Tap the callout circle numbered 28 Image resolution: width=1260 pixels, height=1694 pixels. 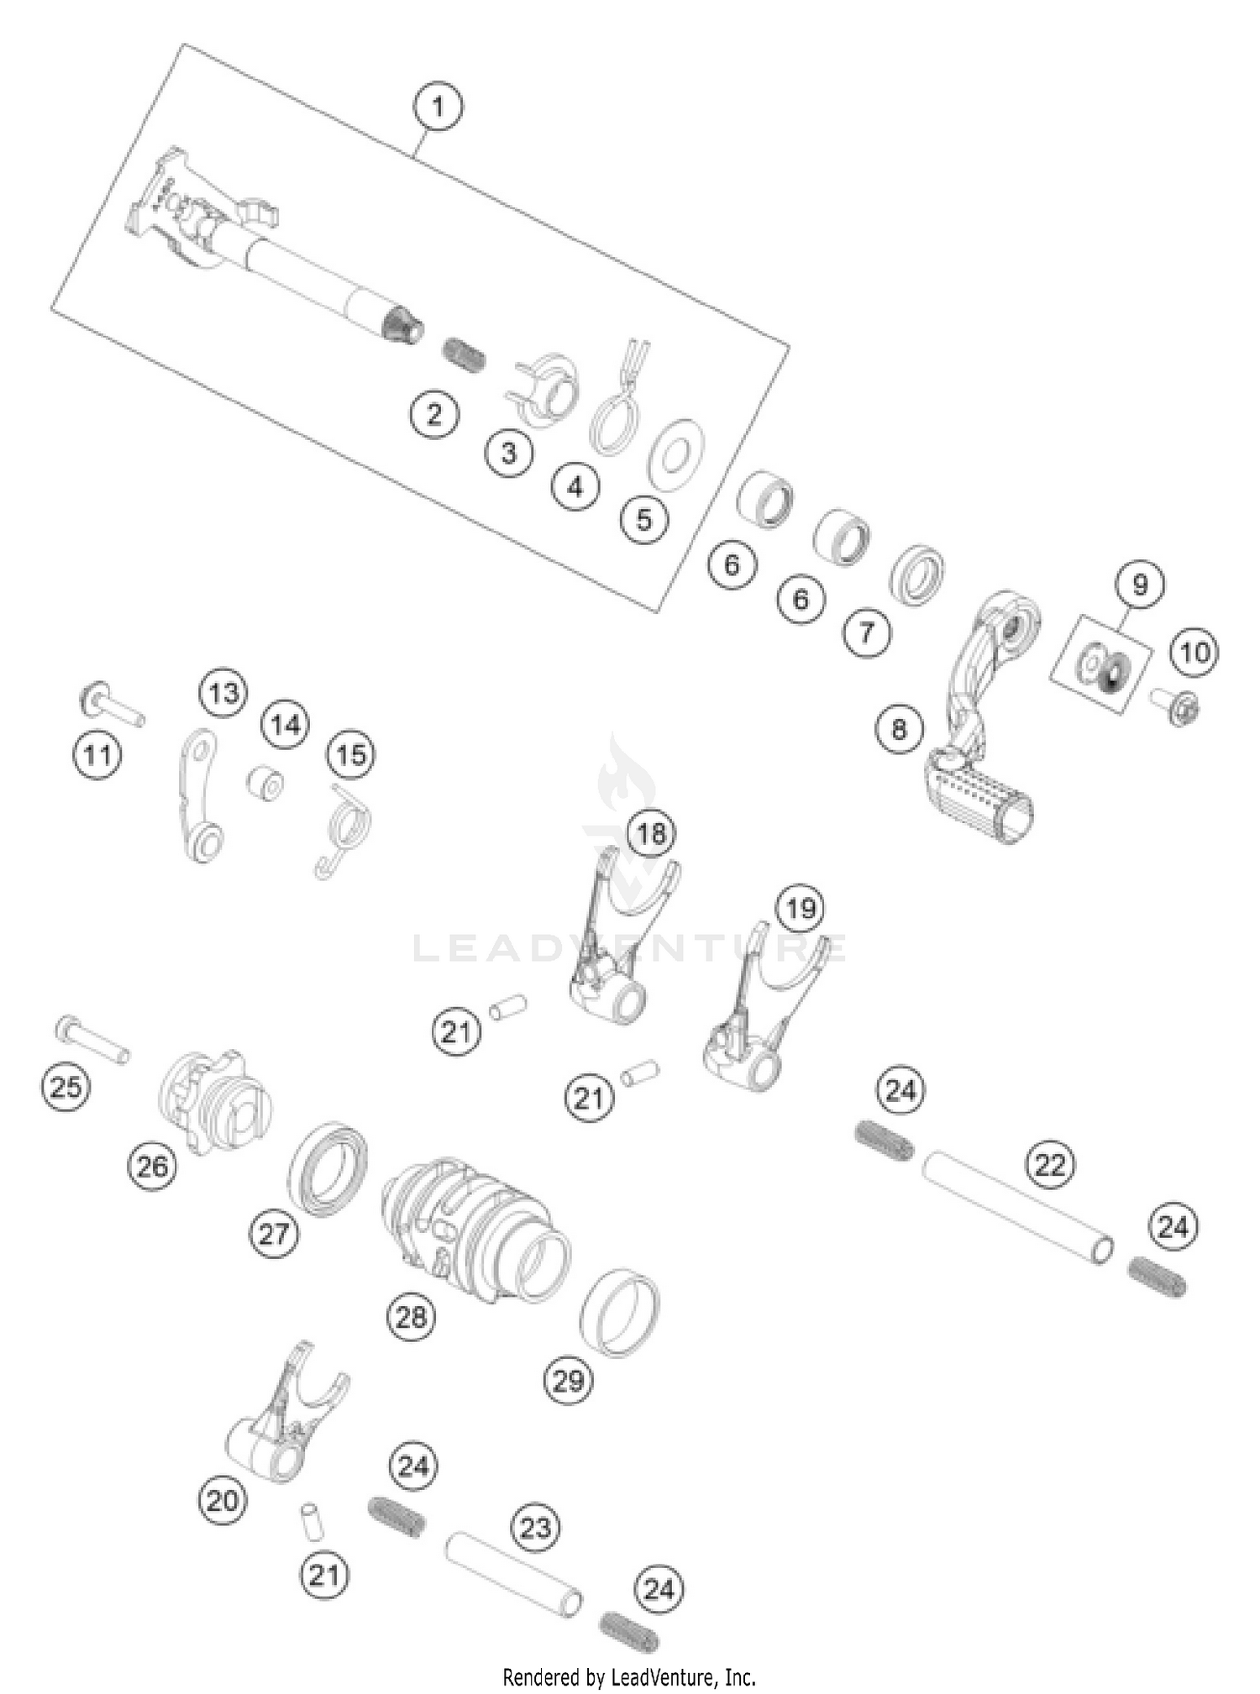tap(411, 1316)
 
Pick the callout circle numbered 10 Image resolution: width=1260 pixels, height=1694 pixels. tap(1194, 653)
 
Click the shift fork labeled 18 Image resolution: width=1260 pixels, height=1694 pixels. tap(622, 941)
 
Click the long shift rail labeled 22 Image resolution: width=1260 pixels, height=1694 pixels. tap(1018, 1208)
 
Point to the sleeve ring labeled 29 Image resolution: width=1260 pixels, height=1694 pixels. tap(620, 1313)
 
